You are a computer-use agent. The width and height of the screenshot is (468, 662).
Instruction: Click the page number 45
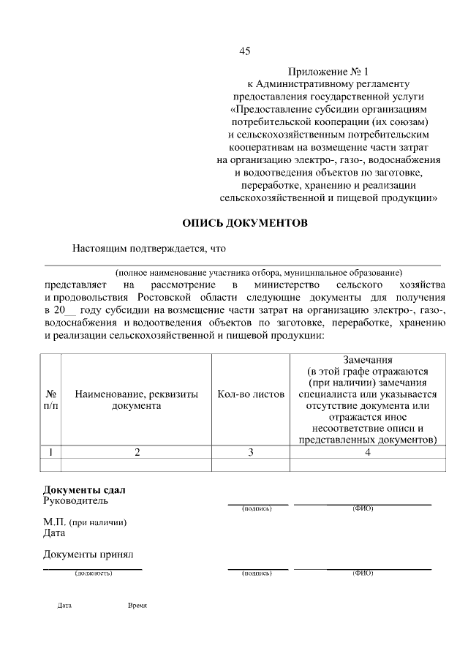point(245,51)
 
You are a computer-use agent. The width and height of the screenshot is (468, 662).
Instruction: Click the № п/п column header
point(51,399)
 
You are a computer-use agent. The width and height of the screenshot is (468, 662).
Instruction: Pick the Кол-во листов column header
point(251,394)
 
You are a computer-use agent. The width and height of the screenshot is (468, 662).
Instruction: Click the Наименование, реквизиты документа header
point(137,399)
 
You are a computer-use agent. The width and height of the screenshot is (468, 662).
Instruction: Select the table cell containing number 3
point(251,452)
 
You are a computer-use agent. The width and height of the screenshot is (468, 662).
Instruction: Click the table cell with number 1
point(51,452)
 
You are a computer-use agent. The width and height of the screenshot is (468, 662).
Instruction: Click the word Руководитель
point(75,501)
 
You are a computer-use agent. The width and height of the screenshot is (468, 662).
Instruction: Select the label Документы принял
point(88,554)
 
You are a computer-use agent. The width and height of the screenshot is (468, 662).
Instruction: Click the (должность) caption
point(93,573)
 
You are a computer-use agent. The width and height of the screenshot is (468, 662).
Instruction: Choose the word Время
point(137,606)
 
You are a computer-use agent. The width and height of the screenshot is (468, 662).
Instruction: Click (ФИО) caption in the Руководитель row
point(363,508)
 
